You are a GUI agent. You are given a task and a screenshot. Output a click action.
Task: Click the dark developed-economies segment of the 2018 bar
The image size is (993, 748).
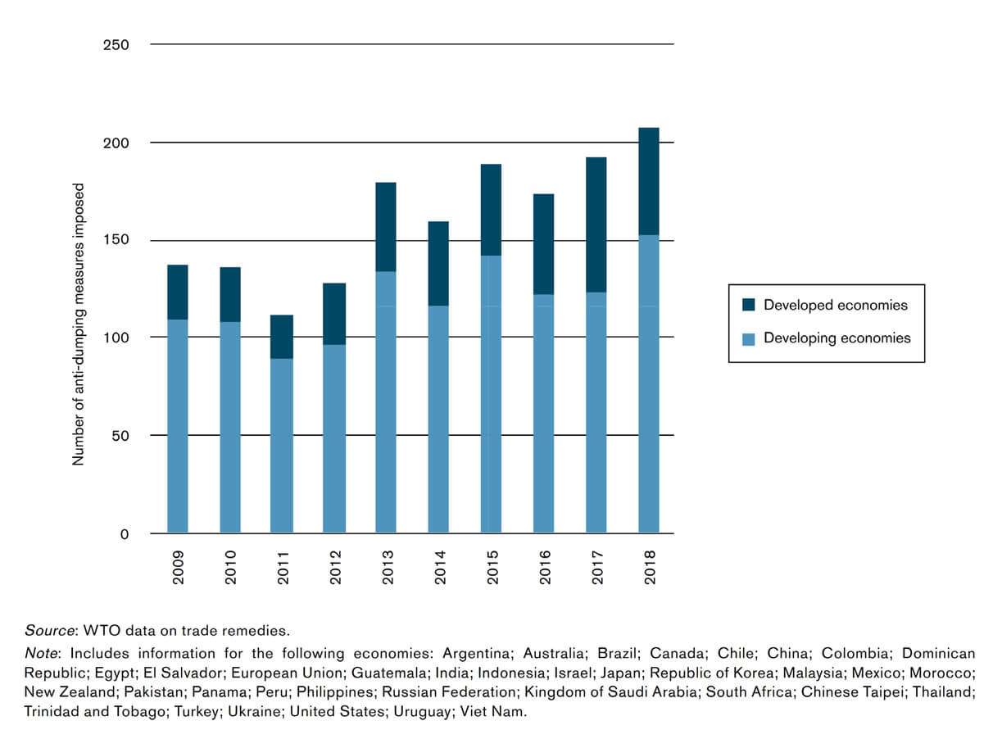649,181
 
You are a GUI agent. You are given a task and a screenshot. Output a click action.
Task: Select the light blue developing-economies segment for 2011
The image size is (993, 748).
282,446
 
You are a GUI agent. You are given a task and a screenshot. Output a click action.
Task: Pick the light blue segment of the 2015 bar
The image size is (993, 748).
491,394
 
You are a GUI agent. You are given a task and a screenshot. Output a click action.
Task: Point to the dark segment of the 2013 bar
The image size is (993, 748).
386,227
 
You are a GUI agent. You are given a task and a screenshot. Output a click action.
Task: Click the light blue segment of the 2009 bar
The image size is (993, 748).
178,426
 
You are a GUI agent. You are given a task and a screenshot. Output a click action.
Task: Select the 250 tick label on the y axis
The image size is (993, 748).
116,44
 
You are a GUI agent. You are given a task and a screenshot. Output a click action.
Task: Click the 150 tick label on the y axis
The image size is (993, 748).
116,240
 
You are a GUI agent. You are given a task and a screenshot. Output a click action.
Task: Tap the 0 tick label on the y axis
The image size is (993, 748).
125,534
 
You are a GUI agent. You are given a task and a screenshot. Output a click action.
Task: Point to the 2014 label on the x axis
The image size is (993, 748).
440,566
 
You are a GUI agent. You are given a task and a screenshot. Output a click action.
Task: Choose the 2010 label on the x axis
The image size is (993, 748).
230,566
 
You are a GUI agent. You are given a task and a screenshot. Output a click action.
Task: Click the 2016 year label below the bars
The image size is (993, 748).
545,566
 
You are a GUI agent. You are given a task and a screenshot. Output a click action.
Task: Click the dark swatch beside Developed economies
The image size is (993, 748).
749,305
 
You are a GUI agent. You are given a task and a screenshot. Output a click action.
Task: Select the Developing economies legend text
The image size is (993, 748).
837,338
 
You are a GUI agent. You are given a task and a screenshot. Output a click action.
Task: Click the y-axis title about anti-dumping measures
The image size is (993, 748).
79,324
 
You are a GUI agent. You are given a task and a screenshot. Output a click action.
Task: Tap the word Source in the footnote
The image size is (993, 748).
49,631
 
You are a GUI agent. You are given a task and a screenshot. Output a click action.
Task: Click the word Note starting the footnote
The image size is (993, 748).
41,653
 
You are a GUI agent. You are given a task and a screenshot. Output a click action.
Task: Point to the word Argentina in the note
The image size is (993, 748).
474,653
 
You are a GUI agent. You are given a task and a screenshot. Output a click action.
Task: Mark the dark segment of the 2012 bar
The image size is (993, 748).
334,314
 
